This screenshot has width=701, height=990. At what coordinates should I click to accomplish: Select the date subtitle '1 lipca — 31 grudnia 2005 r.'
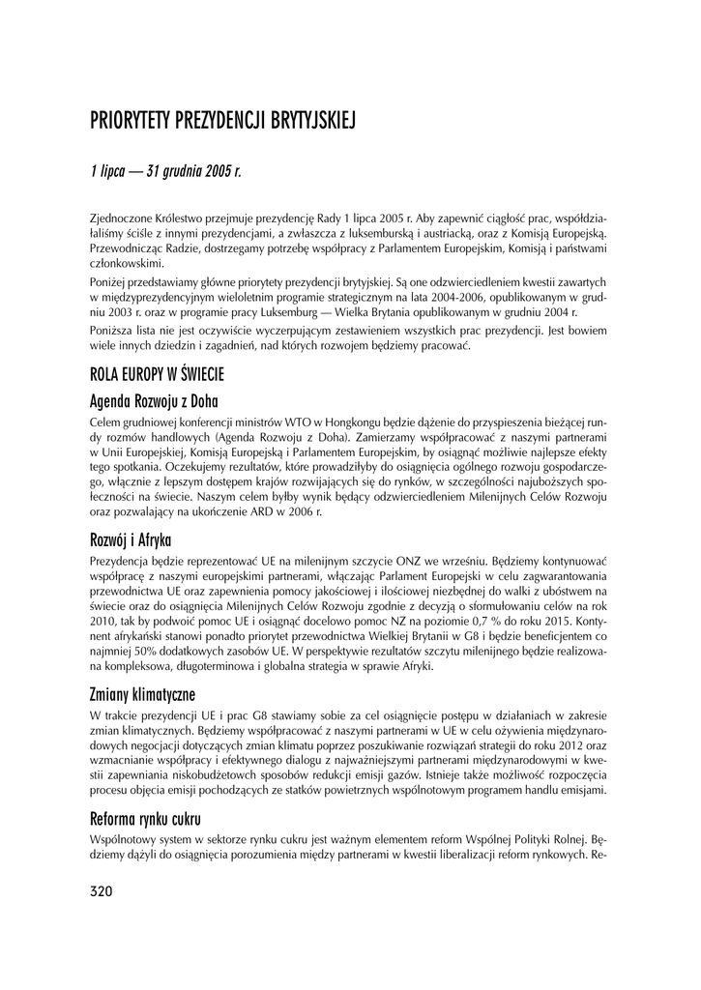164,172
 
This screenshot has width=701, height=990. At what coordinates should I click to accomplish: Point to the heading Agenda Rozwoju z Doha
154,400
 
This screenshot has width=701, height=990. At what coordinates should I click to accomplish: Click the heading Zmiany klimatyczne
142,694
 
